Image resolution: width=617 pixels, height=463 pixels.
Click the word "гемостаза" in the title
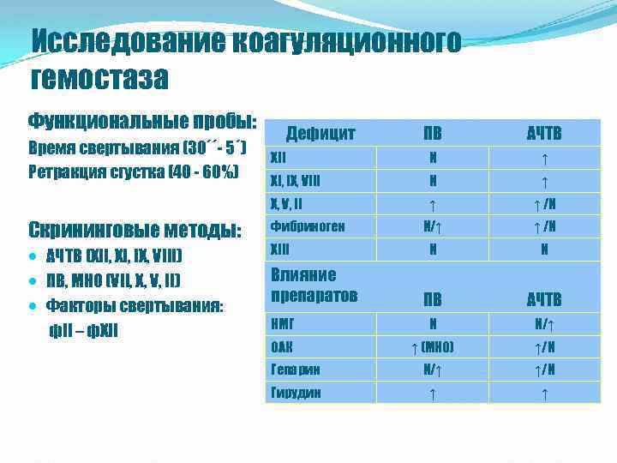[99, 79]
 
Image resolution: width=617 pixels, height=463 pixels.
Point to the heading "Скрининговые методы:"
[135, 231]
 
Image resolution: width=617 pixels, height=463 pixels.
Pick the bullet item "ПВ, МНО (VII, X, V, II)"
[112, 281]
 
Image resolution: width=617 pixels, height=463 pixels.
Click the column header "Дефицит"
[320, 133]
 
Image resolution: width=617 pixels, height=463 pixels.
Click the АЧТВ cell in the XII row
[544, 159]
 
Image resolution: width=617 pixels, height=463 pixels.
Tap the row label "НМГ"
[283, 325]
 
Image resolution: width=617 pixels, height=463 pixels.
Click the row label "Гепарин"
[296, 370]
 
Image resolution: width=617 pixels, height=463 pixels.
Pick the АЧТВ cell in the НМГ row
[544, 325]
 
